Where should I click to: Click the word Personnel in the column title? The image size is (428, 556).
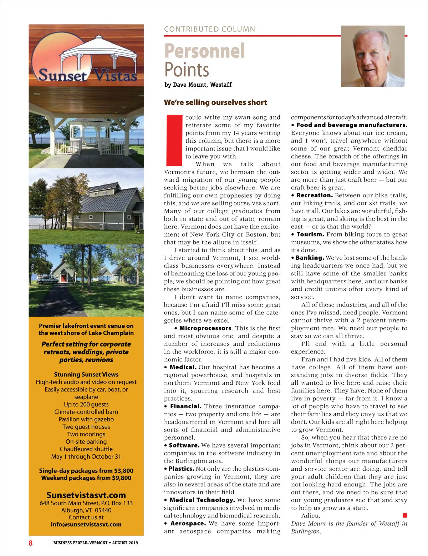pos(204,51)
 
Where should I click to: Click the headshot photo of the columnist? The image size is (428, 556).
pos(373,56)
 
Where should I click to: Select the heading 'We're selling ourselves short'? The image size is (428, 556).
pos(215,102)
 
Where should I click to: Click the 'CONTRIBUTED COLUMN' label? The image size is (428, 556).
pos(209,29)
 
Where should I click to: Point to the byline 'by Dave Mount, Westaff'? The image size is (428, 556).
pos(198,85)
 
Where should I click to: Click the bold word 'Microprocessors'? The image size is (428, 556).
pos(205,328)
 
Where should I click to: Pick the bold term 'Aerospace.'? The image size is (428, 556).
pos(188,523)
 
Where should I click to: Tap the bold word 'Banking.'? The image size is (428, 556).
pos(310,258)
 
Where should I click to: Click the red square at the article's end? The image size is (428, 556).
pos(405,515)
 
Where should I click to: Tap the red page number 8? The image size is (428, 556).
pos(31,543)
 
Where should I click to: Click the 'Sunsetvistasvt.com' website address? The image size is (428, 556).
pos(86,495)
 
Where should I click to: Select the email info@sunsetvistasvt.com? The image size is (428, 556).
pos(86,524)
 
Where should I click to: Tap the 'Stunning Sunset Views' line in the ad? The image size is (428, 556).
pos(86,374)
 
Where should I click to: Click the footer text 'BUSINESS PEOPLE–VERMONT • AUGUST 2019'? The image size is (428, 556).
pos(96,543)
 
